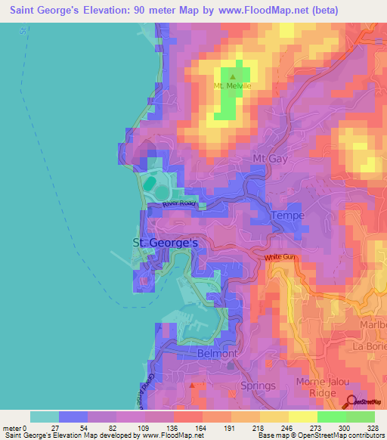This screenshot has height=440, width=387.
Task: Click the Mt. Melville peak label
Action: [x=232, y=85]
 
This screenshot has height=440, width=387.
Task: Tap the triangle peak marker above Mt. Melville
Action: [x=232, y=76]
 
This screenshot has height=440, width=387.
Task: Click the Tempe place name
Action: [x=288, y=215]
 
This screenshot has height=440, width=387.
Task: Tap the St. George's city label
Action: [x=165, y=243]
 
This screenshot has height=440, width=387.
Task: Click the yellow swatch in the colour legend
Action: [x=274, y=417]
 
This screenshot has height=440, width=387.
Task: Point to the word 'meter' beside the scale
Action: [x=12, y=428]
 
